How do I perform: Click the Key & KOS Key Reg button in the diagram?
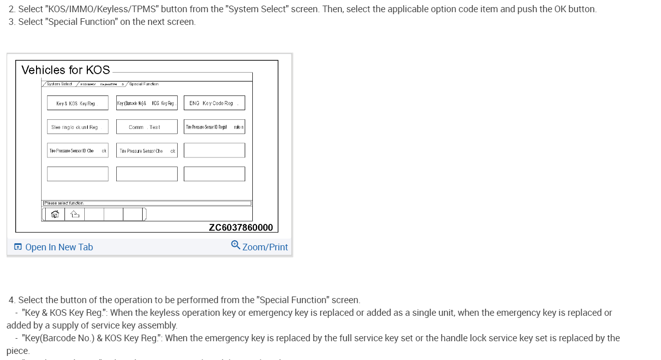point(78,103)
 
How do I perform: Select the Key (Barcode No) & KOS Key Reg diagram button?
point(147,103)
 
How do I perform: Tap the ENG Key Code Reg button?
point(214,103)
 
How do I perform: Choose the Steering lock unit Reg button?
point(78,127)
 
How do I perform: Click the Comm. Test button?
point(147,127)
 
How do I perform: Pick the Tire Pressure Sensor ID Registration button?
point(214,127)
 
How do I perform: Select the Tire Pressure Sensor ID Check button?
point(78,151)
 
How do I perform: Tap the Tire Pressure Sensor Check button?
point(147,151)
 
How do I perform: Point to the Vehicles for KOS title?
point(65,70)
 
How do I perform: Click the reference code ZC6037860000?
point(241,227)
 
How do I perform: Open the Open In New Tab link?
point(59,247)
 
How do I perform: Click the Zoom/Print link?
point(265,247)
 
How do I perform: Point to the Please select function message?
point(64,203)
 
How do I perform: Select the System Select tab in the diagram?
point(59,84)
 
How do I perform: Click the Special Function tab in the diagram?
point(143,84)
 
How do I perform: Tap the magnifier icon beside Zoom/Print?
point(236,245)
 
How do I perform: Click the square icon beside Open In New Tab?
point(18,247)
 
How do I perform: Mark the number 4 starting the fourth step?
point(11,300)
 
